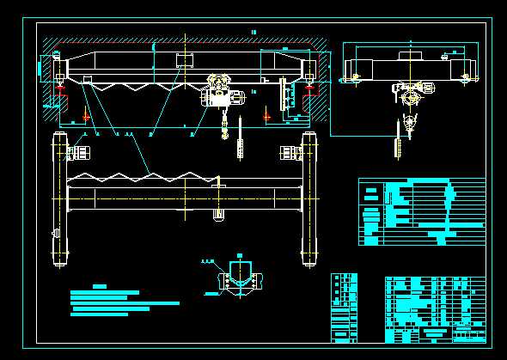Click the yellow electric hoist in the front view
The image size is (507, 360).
point(223,92)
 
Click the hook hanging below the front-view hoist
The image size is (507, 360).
point(224,130)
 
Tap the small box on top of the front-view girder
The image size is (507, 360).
point(184,60)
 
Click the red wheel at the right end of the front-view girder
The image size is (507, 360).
point(308,87)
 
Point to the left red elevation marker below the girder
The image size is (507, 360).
point(86,114)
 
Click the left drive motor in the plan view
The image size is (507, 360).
point(80,154)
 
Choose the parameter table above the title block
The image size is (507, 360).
point(421,211)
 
